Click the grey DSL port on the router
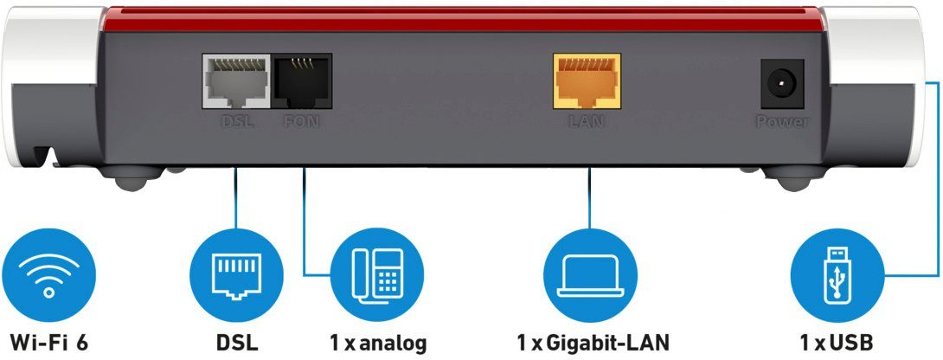pos(237,81)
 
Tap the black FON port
pos(300,81)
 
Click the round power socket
pos(781,84)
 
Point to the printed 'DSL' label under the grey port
pos(236,122)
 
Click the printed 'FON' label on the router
pos(300,122)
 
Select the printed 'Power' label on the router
pos(782,122)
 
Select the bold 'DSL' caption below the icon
pos(236,341)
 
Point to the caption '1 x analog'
pos(378,341)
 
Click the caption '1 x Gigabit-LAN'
pos(593,341)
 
